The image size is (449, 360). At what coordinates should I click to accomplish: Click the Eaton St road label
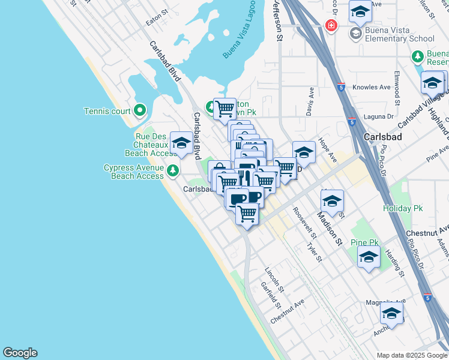158,22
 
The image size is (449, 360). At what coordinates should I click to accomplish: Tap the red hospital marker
330,26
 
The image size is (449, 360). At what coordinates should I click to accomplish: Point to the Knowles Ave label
372,87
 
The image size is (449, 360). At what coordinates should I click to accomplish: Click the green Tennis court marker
140,110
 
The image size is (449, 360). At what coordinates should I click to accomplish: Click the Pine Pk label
365,242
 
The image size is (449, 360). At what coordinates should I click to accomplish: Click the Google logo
20,353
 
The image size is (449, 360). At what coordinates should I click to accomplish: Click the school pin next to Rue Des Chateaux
181,143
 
